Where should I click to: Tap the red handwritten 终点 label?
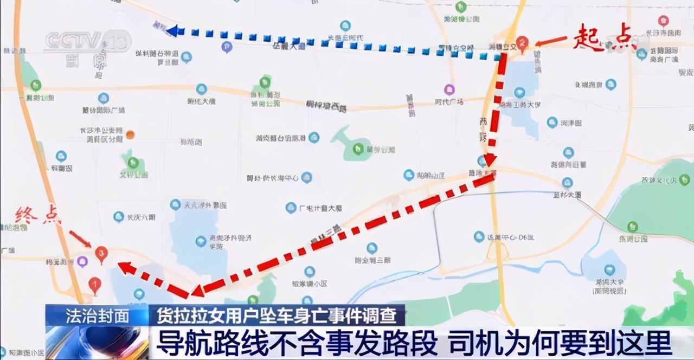(34, 216)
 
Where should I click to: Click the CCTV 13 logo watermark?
(87, 41)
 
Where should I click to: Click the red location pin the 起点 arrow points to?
(522, 42)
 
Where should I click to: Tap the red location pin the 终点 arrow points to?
(101, 253)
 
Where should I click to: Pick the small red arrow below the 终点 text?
(80, 239)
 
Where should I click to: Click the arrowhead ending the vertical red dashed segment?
(490, 159)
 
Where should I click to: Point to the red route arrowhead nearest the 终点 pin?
(125, 267)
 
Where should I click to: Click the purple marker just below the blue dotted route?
(227, 47)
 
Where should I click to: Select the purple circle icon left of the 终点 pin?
(82, 262)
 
